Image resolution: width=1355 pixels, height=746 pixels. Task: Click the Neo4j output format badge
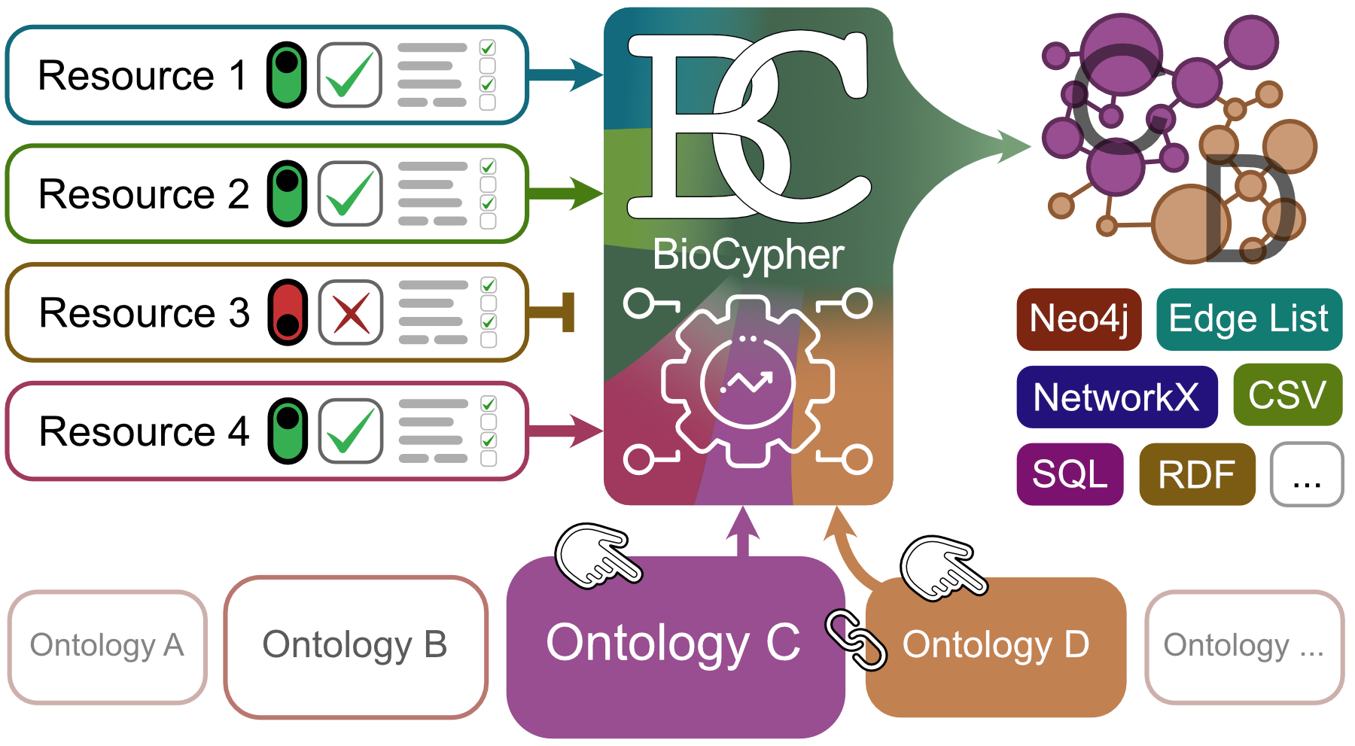click(1078, 319)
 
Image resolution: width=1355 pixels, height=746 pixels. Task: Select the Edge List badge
click(1248, 319)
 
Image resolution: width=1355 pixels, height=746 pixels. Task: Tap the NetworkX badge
click(1116, 397)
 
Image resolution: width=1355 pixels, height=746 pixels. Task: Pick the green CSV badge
click(1287, 395)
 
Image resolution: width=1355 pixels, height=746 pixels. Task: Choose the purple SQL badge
click(1070, 474)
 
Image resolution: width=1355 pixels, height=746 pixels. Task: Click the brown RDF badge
click(1197, 474)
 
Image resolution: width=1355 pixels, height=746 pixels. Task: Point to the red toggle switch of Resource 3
click(288, 312)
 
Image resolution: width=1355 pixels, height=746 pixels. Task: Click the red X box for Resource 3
click(351, 312)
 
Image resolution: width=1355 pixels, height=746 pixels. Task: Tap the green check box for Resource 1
click(350, 75)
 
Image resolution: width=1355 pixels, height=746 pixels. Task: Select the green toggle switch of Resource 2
click(287, 193)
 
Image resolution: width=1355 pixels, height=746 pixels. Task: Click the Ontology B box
click(355, 646)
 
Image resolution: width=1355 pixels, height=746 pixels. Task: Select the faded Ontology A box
click(107, 646)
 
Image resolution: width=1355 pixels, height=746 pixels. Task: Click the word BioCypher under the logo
click(748, 254)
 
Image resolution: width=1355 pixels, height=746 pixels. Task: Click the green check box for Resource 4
click(351, 431)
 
